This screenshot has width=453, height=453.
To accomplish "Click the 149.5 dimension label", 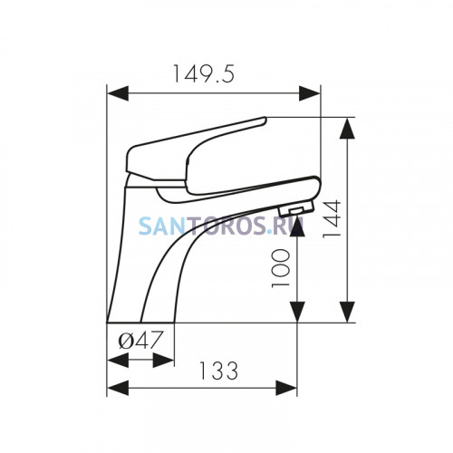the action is click(x=203, y=74).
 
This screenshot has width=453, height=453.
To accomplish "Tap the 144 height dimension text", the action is click(x=332, y=219).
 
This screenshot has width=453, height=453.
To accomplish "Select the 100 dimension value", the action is click(x=281, y=268).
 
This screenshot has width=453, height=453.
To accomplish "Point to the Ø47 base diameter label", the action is click(x=141, y=340).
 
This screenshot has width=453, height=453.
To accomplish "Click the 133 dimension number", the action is click(x=218, y=371).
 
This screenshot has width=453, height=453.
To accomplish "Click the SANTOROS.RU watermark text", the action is click(x=220, y=226).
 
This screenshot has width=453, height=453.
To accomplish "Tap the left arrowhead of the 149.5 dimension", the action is click(x=118, y=93).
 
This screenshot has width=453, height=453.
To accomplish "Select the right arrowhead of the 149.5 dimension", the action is click(x=310, y=93).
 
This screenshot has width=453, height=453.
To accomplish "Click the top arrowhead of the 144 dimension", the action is click(x=347, y=128).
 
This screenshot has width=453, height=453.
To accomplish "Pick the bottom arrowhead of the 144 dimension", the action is click(x=347, y=312).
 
